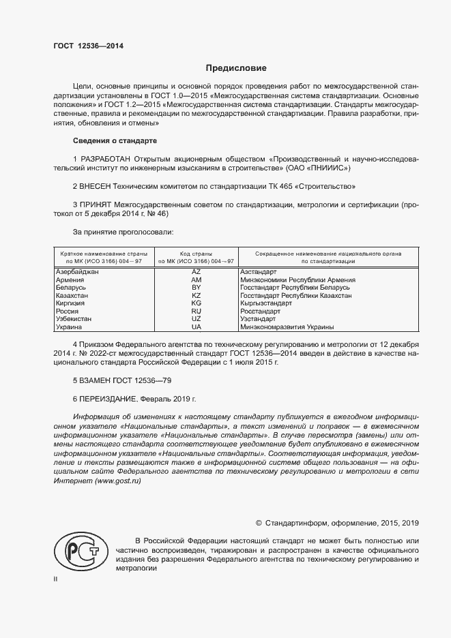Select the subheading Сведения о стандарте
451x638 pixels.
(x=115, y=141)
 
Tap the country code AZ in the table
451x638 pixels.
(x=197, y=272)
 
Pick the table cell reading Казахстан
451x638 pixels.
(x=72, y=295)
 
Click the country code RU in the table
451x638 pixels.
(x=197, y=311)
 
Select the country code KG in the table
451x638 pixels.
(x=197, y=303)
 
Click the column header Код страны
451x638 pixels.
(x=197, y=254)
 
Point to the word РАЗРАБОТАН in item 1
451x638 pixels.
(x=102, y=159)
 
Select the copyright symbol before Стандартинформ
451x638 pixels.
(x=259, y=523)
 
